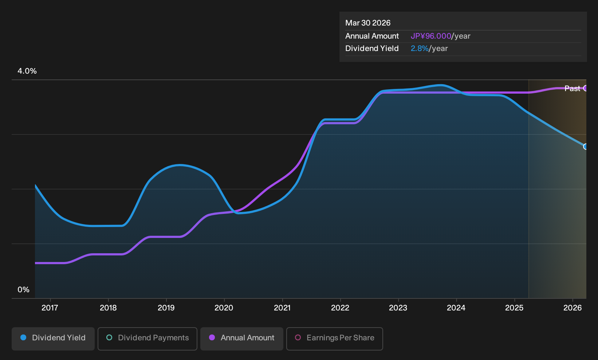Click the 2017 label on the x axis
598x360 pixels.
(x=50, y=308)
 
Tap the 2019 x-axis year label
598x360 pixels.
(x=166, y=308)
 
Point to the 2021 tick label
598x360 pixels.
(x=282, y=308)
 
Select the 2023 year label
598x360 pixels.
(x=398, y=308)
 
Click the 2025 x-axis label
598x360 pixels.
(x=515, y=308)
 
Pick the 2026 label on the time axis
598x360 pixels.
(x=573, y=308)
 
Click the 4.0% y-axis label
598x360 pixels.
(x=27, y=71)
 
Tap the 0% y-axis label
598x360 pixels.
(x=24, y=290)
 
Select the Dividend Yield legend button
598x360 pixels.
(x=53, y=339)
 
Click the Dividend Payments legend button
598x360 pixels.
(x=147, y=339)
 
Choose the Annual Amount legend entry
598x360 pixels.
(x=241, y=339)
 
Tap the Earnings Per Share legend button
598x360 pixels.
(x=334, y=339)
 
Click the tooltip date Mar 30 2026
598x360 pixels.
(x=368, y=23)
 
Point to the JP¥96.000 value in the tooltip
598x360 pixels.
(x=431, y=36)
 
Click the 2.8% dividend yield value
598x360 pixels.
(x=420, y=48)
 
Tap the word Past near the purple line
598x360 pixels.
(x=573, y=89)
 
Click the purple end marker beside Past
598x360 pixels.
(x=586, y=88)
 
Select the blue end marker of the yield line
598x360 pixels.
(x=586, y=146)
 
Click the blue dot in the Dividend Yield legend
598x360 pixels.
(x=24, y=337)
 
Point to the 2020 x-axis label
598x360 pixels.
(x=224, y=308)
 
